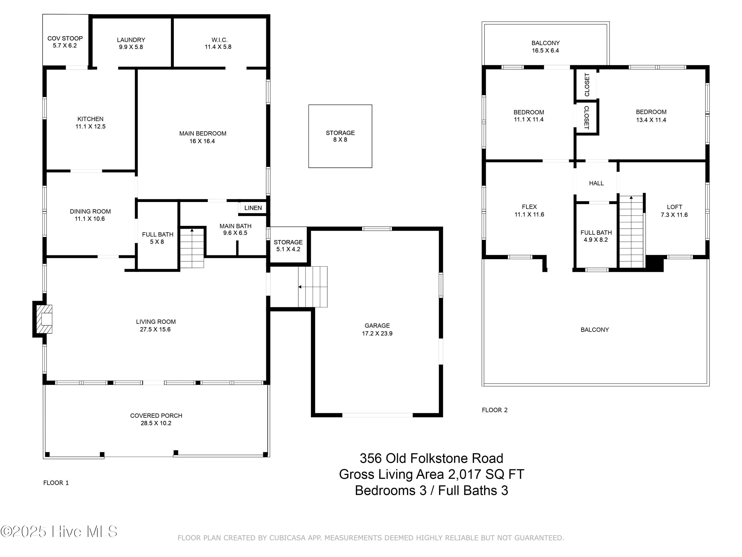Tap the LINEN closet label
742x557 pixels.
[x=253, y=208]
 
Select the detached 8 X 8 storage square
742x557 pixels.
[x=340, y=136]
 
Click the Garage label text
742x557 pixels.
[x=377, y=325]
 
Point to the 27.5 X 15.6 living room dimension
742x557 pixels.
[x=155, y=329]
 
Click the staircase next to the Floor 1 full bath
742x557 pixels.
[x=192, y=248]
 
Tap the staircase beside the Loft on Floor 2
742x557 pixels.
[x=631, y=232]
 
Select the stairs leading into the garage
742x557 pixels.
[x=313, y=287]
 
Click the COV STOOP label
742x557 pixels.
[x=65, y=38]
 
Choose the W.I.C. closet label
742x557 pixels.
[x=219, y=40]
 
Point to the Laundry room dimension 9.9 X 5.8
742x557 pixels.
[x=131, y=47]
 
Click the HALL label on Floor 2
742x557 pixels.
[x=596, y=183]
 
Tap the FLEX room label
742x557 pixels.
[x=529, y=207]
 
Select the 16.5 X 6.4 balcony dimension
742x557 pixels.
[x=545, y=50]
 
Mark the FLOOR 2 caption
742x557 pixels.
[x=495, y=410]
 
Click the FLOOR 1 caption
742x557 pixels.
[x=56, y=483]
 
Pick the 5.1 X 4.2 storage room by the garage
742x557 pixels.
[x=288, y=245]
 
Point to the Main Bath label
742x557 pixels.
[x=235, y=226]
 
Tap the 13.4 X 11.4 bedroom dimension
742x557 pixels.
[x=651, y=120]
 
